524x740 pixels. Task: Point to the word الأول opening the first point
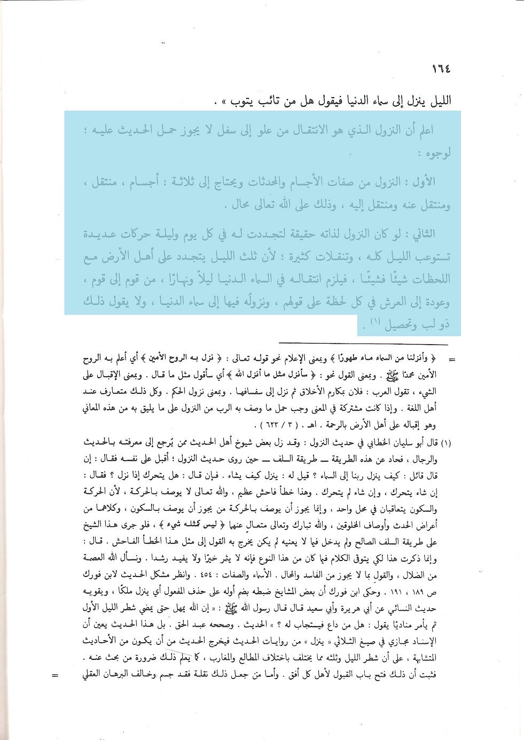click(x=423, y=182)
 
